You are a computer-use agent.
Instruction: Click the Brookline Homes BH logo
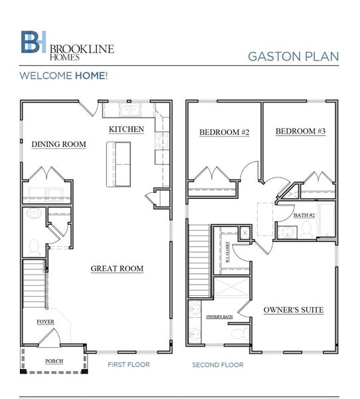(33, 42)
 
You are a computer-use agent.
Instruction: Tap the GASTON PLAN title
(293, 56)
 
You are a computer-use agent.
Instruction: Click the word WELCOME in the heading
(45, 76)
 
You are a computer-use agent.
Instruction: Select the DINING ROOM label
(58, 144)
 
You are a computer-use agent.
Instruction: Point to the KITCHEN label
(126, 128)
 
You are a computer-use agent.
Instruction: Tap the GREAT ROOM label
(117, 269)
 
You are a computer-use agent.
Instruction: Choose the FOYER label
(46, 322)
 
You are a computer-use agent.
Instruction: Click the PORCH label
(54, 362)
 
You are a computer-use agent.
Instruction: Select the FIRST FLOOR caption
(129, 365)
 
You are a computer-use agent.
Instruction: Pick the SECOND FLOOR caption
(217, 365)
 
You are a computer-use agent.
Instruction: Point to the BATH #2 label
(304, 215)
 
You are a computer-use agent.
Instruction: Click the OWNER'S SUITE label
(293, 310)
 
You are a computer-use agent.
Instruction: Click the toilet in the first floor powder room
(33, 215)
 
